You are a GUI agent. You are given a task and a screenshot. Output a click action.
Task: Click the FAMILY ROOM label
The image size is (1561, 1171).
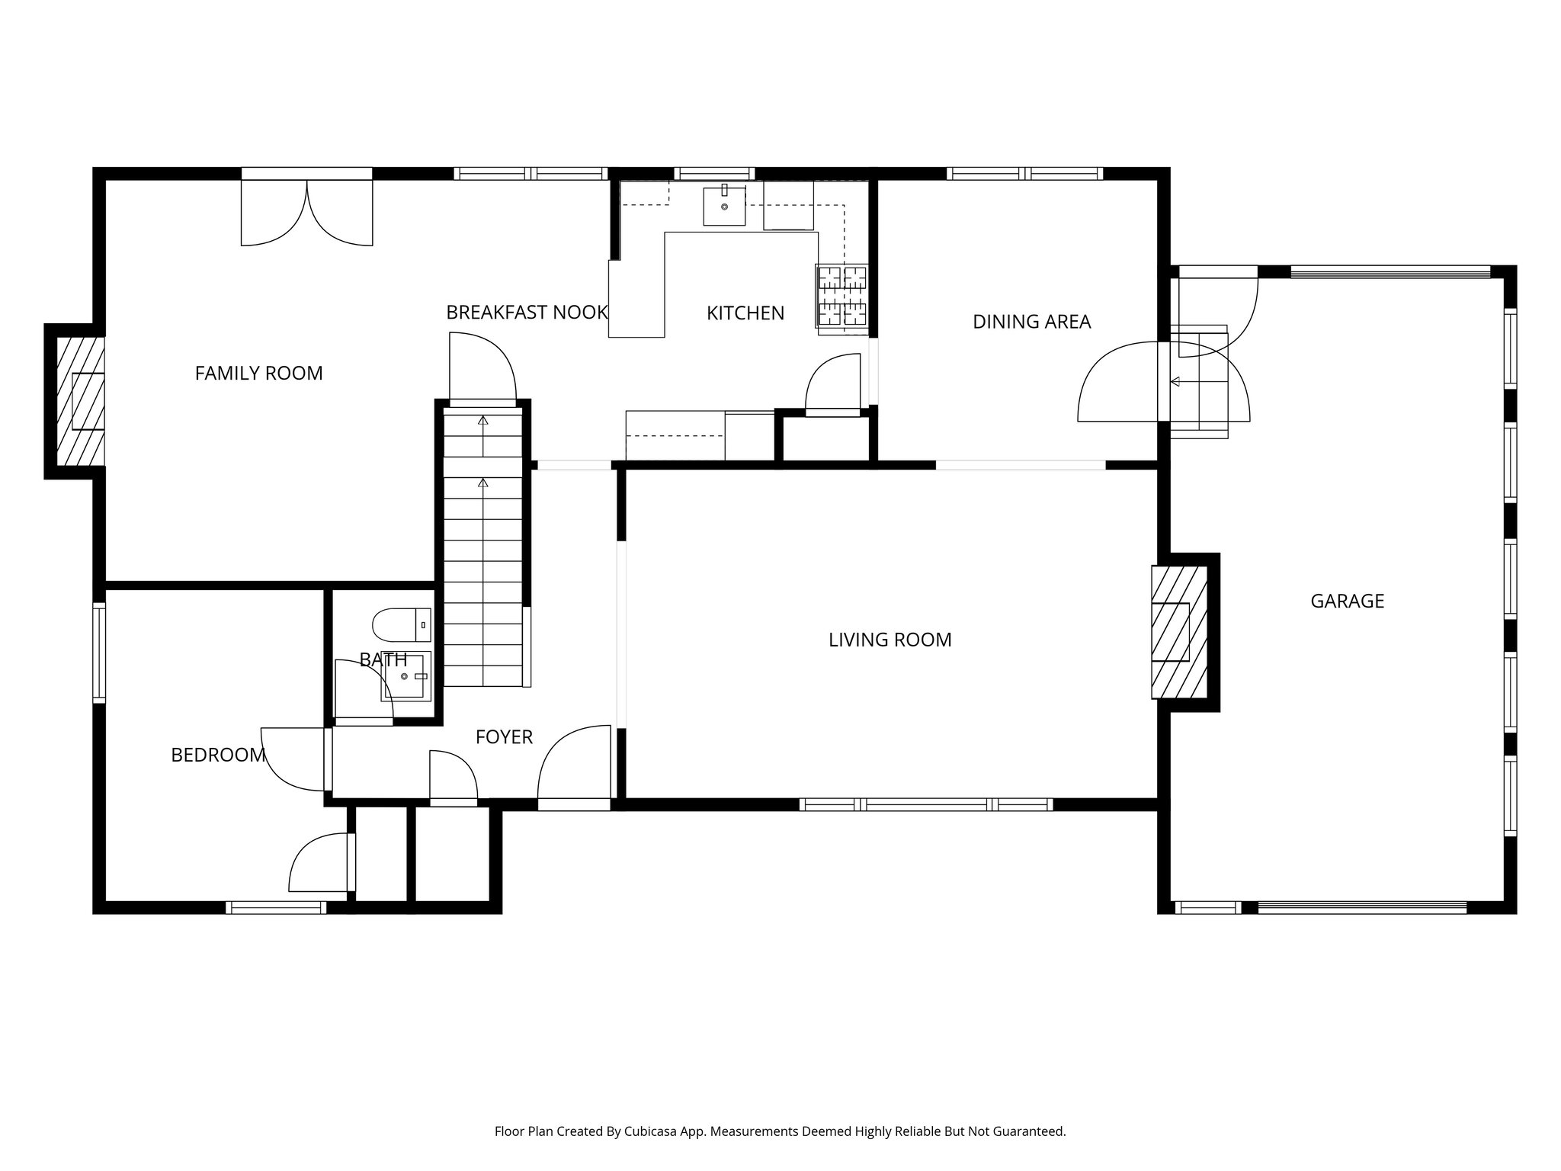click(x=258, y=374)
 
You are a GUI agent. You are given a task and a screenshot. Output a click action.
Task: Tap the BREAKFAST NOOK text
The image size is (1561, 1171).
click(x=527, y=313)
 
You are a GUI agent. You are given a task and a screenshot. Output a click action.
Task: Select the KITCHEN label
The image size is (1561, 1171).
click(x=745, y=313)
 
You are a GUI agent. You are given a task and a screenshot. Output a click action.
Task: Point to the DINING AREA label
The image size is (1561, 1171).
click(x=1031, y=322)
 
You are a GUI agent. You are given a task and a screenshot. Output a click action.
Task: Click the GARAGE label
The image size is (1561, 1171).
click(x=1347, y=602)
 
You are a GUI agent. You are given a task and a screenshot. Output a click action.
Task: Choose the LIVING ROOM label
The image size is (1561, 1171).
click(x=889, y=640)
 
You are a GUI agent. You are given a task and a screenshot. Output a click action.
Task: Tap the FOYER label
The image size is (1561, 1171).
click(x=504, y=737)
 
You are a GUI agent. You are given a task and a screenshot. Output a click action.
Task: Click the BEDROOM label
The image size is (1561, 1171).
click(x=218, y=756)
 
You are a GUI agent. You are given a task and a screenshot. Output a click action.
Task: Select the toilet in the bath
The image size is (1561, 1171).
click(x=400, y=625)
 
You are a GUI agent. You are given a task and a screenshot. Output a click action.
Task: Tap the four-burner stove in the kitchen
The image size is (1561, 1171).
click(x=841, y=299)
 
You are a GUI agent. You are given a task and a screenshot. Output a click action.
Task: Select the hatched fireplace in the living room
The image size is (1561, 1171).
click(x=1178, y=632)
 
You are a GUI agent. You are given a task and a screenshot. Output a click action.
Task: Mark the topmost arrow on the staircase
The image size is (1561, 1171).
click(x=482, y=420)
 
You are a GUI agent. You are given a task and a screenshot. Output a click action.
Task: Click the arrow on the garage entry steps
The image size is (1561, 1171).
click(x=1175, y=381)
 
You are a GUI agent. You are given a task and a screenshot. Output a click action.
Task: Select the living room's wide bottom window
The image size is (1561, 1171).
click(x=926, y=804)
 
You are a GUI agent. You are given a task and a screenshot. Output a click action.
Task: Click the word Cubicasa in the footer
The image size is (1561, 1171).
click(x=652, y=1132)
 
